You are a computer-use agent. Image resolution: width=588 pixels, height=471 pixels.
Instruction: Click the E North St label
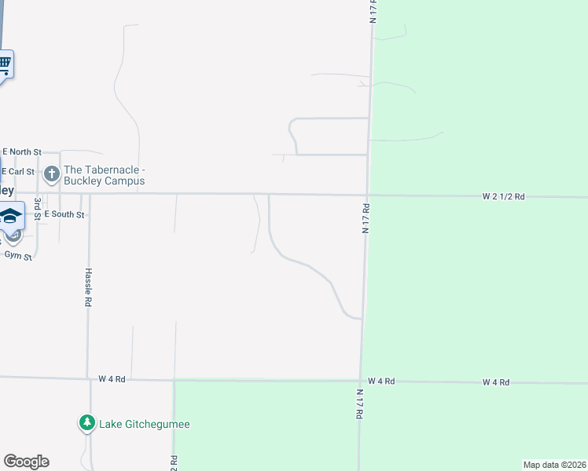point(21,151)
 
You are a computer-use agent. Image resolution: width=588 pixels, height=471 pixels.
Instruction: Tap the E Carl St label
point(19,171)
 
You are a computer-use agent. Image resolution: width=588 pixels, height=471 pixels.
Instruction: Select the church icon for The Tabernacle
point(52,173)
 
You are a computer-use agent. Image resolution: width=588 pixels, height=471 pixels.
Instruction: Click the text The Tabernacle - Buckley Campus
point(105,175)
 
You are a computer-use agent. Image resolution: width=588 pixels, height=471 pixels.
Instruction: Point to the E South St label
point(64,214)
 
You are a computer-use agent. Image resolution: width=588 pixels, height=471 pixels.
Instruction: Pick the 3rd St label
point(37,210)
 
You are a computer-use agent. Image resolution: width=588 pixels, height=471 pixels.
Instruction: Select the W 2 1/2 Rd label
point(503,198)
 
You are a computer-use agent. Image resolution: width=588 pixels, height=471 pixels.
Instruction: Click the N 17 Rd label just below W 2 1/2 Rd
point(366,218)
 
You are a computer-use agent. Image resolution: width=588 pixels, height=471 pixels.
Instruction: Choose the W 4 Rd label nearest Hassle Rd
point(112,378)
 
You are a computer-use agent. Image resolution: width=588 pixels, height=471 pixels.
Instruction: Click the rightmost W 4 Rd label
point(495,382)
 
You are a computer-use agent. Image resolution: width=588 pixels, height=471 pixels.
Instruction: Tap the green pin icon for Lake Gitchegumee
point(86,423)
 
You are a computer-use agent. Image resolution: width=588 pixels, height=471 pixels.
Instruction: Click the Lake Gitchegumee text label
point(145,425)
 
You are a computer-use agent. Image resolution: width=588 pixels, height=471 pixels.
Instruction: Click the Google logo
point(26,462)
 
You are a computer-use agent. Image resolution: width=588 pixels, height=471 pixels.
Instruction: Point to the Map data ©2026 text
point(554,465)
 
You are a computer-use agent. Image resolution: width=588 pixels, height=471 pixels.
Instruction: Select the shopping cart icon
point(4,63)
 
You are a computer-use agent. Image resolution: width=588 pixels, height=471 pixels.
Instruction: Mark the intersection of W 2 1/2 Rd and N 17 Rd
point(367,195)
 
